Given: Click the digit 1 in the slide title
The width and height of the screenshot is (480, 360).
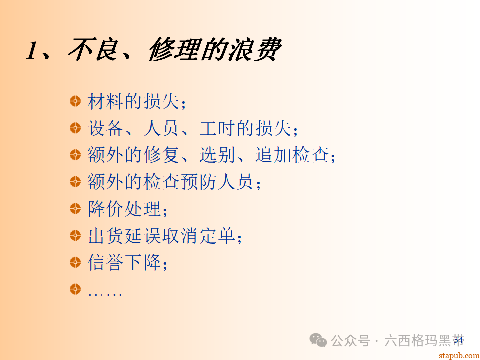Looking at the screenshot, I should pos(32,50).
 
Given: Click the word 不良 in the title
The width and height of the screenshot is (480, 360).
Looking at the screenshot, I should pos(92,50).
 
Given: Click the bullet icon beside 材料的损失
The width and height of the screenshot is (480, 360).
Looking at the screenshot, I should pos(75,101).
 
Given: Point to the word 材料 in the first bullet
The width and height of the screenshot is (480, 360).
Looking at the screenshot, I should pos(105,101).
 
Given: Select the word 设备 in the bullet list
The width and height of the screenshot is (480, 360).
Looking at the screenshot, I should pos(105,128).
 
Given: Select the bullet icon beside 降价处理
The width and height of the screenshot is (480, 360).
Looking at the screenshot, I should pos(75,208).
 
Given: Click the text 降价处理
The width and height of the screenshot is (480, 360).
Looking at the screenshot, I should pos(124,209).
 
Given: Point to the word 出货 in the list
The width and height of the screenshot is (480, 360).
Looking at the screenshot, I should pos(105,236).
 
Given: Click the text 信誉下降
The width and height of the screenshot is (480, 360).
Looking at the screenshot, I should pos(124,262).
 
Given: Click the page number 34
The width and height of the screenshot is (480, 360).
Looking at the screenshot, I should pos(458,340).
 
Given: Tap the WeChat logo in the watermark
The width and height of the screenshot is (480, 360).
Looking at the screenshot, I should pos(318,341).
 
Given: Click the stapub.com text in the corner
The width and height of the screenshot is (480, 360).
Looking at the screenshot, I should pos(458,355).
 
